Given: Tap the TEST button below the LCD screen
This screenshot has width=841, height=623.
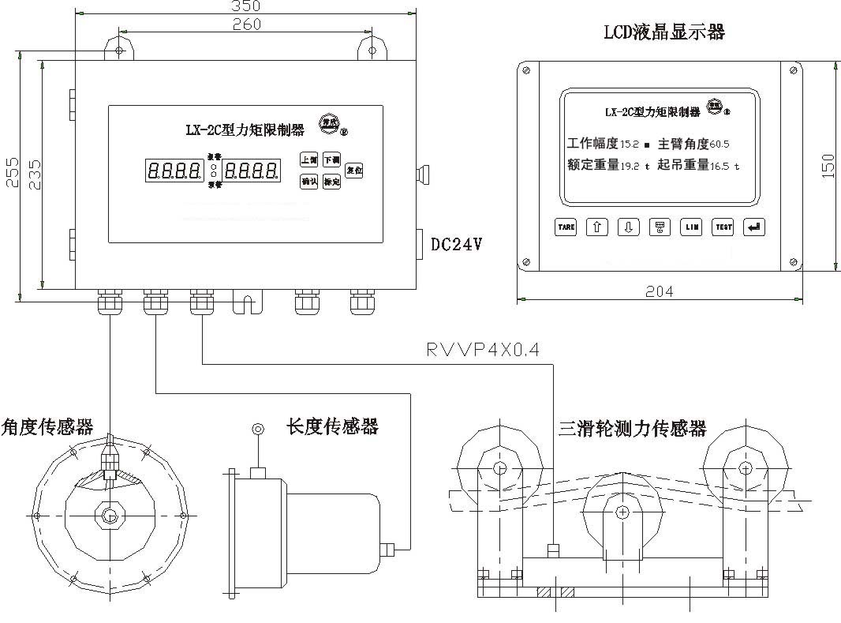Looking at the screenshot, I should pyautogui.click(x=723, y=227).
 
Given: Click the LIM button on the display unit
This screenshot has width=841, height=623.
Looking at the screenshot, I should pyautogui.click(x=691, y=227).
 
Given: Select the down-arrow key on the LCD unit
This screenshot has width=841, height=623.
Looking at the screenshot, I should pyautogui.click(x=628, y=227).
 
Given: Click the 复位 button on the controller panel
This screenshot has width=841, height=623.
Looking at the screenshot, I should pyautogui.click(x=353, y=170).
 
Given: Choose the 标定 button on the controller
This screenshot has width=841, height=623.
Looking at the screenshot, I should pyautogui.click(x=331, y=182).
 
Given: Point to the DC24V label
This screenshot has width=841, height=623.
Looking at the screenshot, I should pyautogui.click(x=456, y=245).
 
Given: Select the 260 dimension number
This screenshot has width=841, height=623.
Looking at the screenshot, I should pyautogui.click(x=247, y=24).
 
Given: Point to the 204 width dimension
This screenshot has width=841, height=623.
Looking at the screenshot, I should pyautogui.click(x=660, y=291).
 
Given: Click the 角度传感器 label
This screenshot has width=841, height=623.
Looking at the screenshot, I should pyautogui.click(x=47, y=427).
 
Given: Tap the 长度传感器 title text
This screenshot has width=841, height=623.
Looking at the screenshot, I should pyautogui.click(x=332, y=426).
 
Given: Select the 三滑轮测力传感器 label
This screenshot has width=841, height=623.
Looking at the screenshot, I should pyautogui.click(x=632, y=429).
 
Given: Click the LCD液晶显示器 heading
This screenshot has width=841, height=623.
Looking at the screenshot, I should pyautogui.click(x=663, y=32).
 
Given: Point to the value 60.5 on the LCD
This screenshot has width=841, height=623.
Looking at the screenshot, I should pyautogui.click(x=719, y=145).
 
